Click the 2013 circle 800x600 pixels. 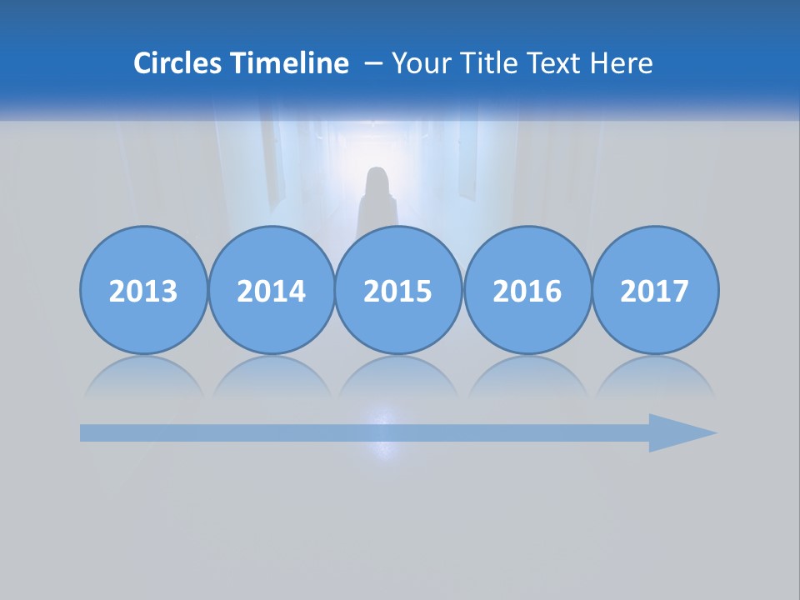click(143, 290)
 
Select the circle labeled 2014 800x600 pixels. click(271, 290)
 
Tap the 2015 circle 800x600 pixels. click(398, 290)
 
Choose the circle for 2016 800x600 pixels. click(527, 290)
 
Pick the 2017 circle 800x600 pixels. click(654, 290)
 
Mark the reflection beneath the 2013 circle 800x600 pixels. click(143, 377)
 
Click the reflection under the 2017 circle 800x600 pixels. click(654, 377)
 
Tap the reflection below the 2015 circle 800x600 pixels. click(398, 377)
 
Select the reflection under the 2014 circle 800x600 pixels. click(271, 377)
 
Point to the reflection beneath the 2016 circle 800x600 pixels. click(527, 377)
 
